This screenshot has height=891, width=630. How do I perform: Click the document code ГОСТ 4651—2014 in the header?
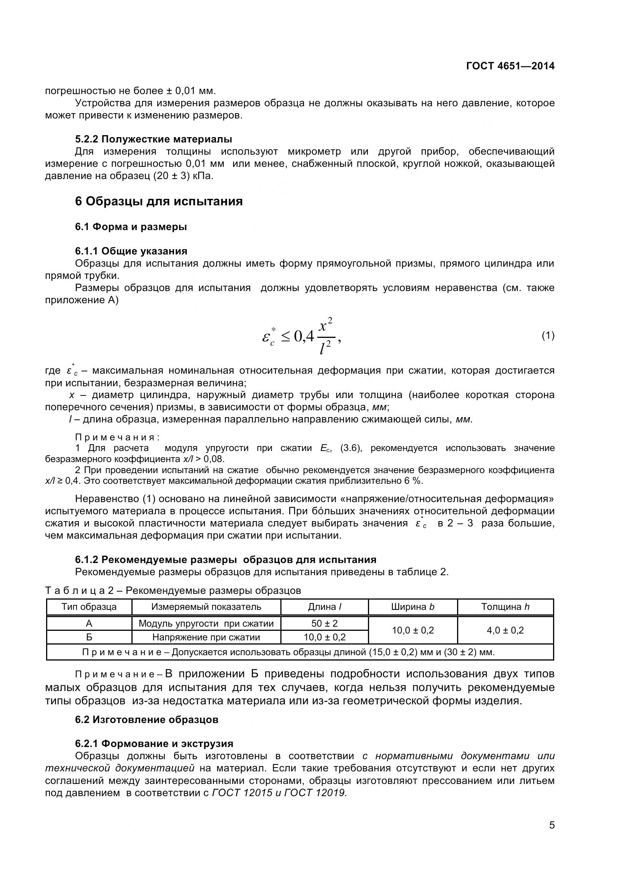tap(510, 66)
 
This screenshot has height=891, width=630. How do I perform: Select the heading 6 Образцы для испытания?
tap(159, 202)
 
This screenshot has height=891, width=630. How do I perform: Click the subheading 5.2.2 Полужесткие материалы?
tap(154, 139)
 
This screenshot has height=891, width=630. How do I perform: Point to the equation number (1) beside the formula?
tap(548, 335)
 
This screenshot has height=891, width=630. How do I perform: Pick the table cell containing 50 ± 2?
tap(324, 623)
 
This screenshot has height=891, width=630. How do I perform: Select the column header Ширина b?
tap(413, 607)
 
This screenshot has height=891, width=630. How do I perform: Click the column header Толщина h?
tap(505, 607)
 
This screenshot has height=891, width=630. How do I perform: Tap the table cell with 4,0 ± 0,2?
tap(505, 630)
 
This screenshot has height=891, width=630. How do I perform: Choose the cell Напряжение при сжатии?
tap(206, 637)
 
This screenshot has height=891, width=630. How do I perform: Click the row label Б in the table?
tap(89, 637)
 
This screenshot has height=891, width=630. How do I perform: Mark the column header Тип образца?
tap(89, 607)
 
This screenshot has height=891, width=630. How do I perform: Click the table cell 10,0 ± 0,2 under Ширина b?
tap(413, 630)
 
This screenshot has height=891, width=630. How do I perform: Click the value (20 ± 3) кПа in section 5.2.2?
tap(183, 176)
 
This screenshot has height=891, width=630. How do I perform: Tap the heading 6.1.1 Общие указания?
tap(131, 251)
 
